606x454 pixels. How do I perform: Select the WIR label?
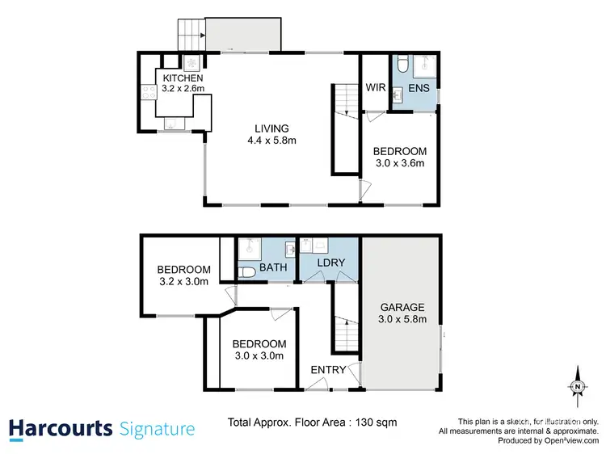(374, 86)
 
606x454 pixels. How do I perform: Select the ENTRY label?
(329, 370)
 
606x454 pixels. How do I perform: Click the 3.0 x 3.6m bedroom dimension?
(398, 164)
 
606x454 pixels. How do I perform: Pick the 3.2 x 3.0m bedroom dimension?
(183, 282)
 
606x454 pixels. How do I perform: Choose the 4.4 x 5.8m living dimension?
(271, 141)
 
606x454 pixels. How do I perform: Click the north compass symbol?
(578, 386)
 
